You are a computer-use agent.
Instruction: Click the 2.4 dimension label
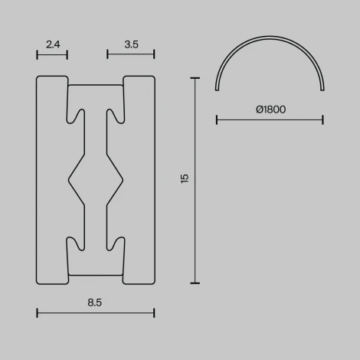pyautogui.click(x=52, y=44)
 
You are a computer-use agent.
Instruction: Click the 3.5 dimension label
pyautogui.click(x=131, y=44)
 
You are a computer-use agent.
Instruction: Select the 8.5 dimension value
pyautogui.click(x=95, y=303)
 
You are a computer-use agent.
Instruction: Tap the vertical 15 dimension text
pyautogui.click(x=184, y=178)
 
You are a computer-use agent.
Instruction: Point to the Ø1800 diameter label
pyautogui.click(x=270, y=110)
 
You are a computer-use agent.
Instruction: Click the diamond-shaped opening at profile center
pyautogui.click(x=96, y=179)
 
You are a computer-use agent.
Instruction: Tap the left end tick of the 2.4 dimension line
pyautogui.click(x=37, y=54)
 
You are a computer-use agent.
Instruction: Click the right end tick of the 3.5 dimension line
pyautogui.click(x=154, y=54)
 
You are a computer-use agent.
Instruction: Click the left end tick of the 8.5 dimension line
pyautogui.click(x=37, y=313)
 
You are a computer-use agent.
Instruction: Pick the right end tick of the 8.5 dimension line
pyautogui.click(x=154, y=313)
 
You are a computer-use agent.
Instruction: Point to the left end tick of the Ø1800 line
pyautogui.click(x=217, y=119)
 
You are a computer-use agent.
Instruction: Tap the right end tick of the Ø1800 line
pyautogui.click(x=322, y=119)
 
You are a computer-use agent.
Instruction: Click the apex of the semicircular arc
pyautogui.click(x=270, y=38)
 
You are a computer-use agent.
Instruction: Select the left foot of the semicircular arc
pyautogui.click(x=218, y=90)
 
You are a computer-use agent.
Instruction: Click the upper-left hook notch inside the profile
pyautogui.click(x=77, y=115)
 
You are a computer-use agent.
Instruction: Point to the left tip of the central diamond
pyautogui.click(x=70, y=179)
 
